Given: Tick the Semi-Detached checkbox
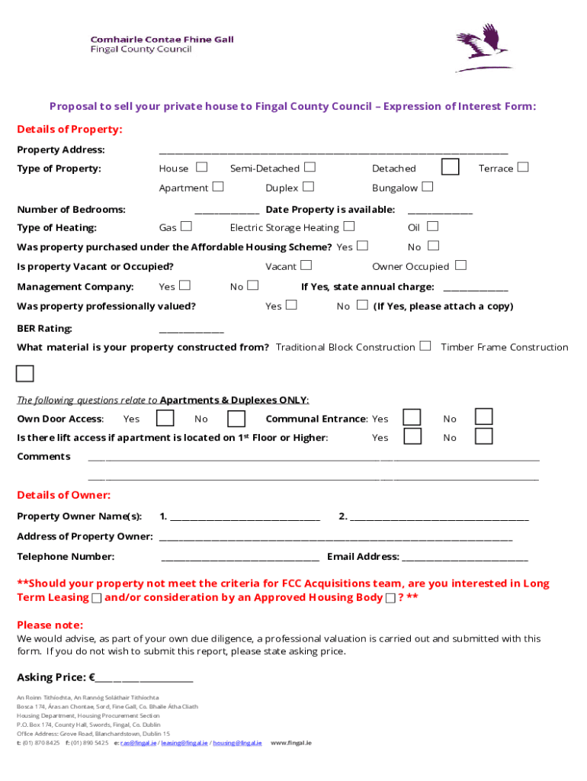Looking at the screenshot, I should pyautogui.click(x=310, y=167).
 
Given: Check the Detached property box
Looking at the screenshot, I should pyautogui.click(x=450, y=167).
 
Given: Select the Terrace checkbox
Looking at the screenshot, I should pyautogui.click(x=522, y=167).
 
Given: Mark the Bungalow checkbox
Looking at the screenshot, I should pyautogui.click(x=427, y=187).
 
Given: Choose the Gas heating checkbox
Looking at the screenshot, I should pyautogui.click(x=186, y=227).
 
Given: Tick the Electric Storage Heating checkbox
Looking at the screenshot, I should pyautogui.click(x=348, y=227).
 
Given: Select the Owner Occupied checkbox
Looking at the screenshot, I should pyautogui.click(x=460, y=265).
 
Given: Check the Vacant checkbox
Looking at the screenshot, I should pyautogui.click(x=306, y=265).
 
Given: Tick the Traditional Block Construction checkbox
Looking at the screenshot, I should pyautogui.click(x=425, y=346).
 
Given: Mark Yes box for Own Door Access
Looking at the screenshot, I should pyautogui.click(x=165, y=418).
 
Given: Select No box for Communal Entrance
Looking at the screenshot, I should pyautogui.click(x=483, y=416).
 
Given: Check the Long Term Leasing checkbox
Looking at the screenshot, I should pyautogui.click(x=97, y=598).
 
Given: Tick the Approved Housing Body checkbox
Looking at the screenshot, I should pyautogui.click(x=390, y=598).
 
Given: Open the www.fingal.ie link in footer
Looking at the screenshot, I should pyautogui.click(x=291, y=743).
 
